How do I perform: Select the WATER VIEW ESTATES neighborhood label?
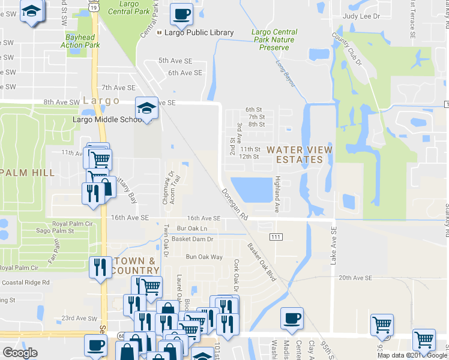pos(299,154)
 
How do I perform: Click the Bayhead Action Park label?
pos(80,40)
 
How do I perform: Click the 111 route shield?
pos(276,238)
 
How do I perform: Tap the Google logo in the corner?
pos(20,353)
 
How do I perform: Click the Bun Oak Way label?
pos(204,257)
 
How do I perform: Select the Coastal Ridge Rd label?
pos(25,282)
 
